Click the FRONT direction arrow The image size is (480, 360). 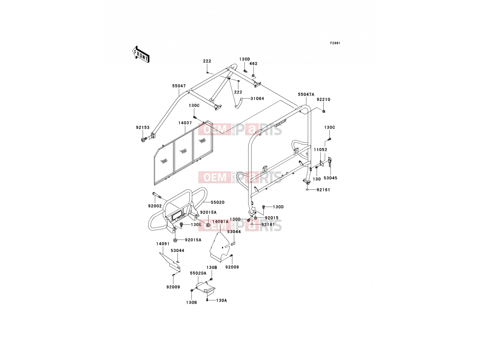[141, 54]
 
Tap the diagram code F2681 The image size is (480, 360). [335, 43]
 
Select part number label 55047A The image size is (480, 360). [306, 94]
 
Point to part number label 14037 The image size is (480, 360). [185, 123]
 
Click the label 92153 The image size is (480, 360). [142, 127]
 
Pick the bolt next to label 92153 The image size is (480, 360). [144, 139]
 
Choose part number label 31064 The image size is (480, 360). [257, 98]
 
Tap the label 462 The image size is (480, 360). [253, 64]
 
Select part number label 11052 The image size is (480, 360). [321, 150]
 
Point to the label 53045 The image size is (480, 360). [330, 178]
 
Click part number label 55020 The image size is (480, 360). [218, 202]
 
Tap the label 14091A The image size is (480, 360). [220, 222]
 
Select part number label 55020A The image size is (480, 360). [198, 273]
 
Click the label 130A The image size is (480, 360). [221, 301]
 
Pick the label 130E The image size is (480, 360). [196, 224]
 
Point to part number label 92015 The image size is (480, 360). [272, 218]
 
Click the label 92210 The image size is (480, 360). [323, 100]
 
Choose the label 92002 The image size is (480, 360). [155, 206]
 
